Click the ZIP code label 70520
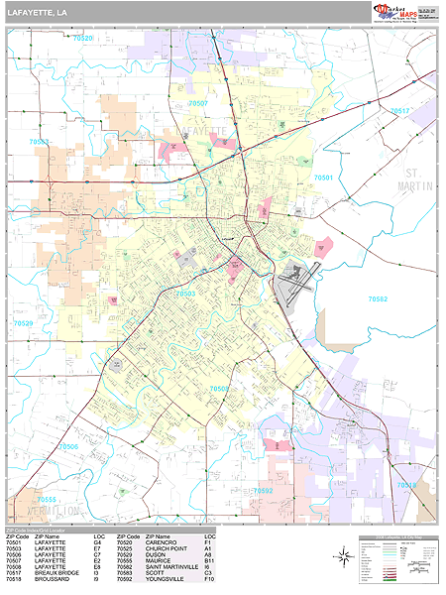(82, 38)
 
